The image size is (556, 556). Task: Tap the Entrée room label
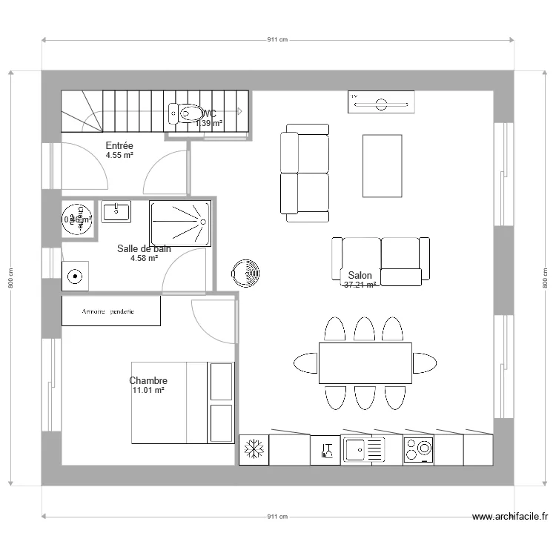coord(119,146)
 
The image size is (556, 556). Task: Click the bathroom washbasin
coord(116,212)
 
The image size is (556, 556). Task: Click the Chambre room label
coord(148,381)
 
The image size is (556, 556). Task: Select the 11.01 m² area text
coord(148,391)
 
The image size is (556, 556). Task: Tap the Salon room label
coord(360,274)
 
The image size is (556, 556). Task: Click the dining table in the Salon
coord(365,363)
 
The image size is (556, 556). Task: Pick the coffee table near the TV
coord(382,165)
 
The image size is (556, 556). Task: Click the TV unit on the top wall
coord(381,103)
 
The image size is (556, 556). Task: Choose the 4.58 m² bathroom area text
coord(144,259)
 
